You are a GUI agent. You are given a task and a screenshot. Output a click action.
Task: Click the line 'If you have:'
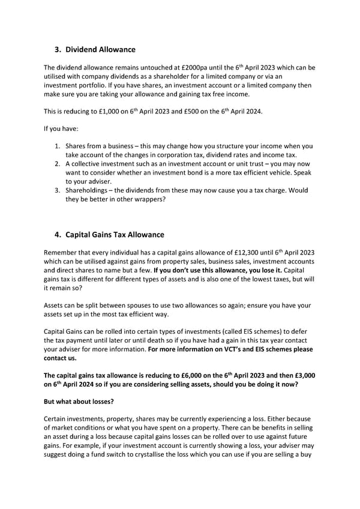coord(61,128)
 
